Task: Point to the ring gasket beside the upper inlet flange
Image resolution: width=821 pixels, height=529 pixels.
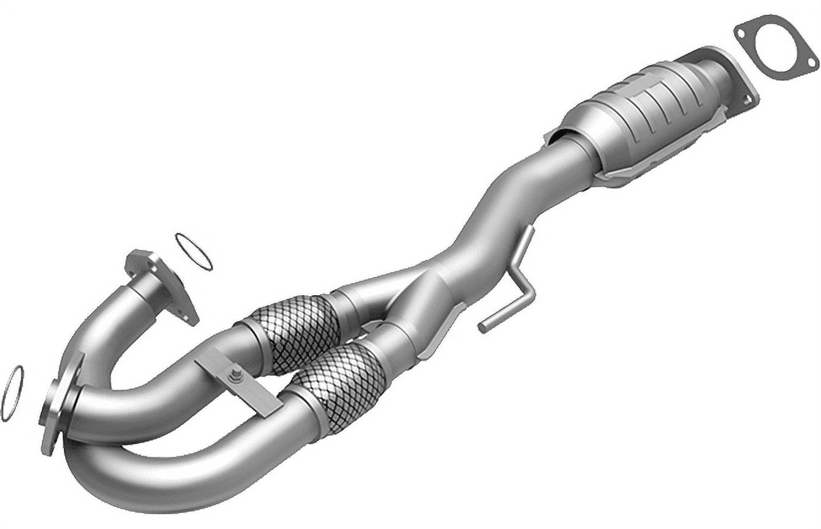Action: click(x=194, y=251)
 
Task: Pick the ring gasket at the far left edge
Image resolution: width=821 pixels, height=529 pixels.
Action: click(x=12, y=393)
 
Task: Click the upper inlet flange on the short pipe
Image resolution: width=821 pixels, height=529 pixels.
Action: click(x=162, y=285)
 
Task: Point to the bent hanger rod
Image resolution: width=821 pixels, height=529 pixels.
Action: click(x=515, y=282)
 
